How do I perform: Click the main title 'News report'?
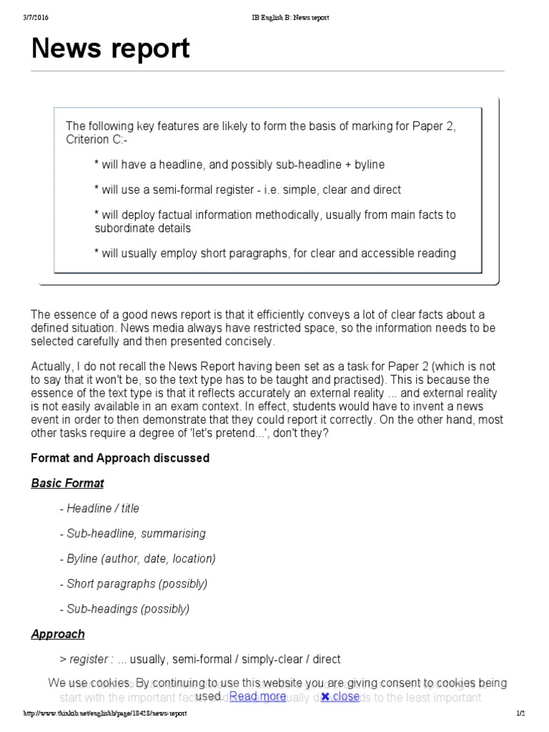(x=111, y=49)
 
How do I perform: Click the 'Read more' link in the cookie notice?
(x=257, y=696)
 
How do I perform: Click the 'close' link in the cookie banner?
(x=340, y=696)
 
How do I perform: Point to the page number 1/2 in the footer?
(x=520, y=714)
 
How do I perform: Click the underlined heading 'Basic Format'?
(x=67, y=483)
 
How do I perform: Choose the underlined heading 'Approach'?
(x=58, y=634)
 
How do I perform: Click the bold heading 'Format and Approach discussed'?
(x=120, y=457)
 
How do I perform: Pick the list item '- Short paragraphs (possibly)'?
(x=134, y=583)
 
